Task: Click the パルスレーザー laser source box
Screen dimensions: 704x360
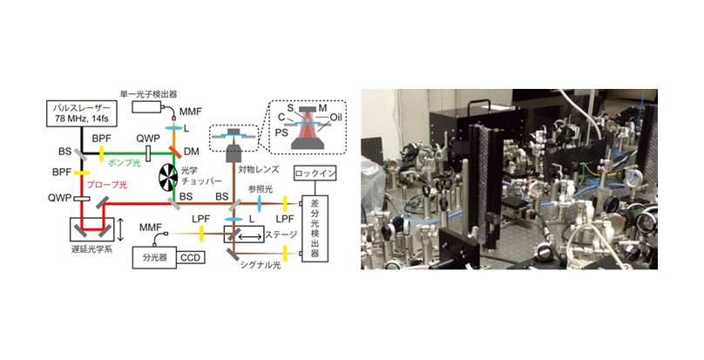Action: click(80, 114)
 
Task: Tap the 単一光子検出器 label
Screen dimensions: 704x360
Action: click(148, 94)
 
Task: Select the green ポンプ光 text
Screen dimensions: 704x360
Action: click(123, 163)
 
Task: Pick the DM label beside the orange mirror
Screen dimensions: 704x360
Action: click(192, 152)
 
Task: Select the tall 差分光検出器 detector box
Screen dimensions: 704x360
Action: click(315, 228)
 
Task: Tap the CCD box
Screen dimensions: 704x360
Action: click(191, 257)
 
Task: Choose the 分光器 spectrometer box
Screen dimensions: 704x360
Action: click(154, 258)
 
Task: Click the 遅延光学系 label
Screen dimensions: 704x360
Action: click(94, 248)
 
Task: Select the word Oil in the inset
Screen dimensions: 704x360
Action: click(336, 119)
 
